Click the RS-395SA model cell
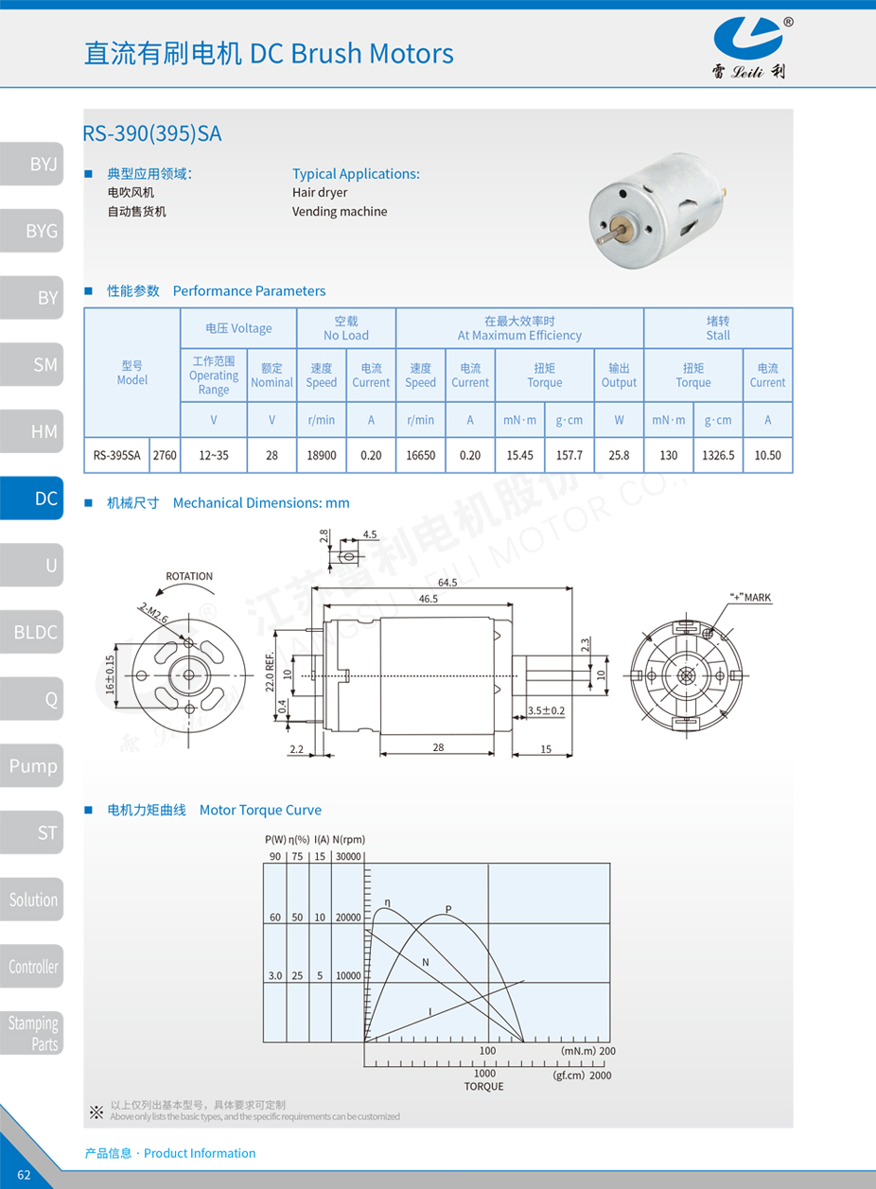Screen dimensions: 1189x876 pyautogui.click(x=116, y=455)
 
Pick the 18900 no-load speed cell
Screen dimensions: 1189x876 pyautogui.click(x=322, y=455)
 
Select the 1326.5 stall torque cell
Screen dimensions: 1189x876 pyautogui.click(x=718, y=455)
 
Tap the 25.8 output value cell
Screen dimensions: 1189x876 pyautogui.click(x=619, y=455)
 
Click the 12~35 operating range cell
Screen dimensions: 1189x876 pyautogui.click(x=214, y=455)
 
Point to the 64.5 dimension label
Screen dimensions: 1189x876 pyautogui.click(x=447, y=583)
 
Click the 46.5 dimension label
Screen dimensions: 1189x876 pyautogui.click(x=429, y=600)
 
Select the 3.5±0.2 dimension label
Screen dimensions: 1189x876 pyautogui.click(x=546, y=710)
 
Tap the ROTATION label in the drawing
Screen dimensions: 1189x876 pyautogui.click(x=189, y=576)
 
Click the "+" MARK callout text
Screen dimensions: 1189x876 pyautogui.click(x=751, y=598)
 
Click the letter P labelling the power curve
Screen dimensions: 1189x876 pyautogui.click(x=448, y=910)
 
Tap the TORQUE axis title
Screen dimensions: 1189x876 pyautogui.click(x=483, y=1086)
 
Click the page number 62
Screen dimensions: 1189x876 pyautogui.click(x=24, y=1175)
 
